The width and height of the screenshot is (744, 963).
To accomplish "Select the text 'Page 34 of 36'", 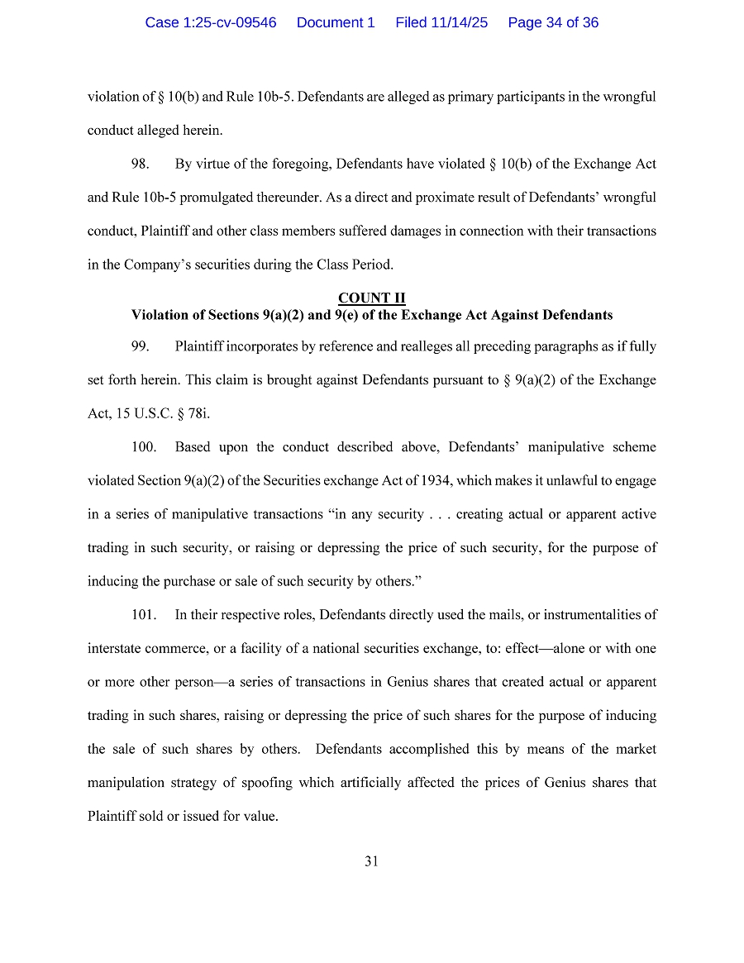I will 553,22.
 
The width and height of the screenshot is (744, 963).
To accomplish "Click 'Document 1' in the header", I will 336,22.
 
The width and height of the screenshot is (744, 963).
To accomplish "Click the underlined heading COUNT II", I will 372,298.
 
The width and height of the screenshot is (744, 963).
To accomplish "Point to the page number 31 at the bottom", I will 372,861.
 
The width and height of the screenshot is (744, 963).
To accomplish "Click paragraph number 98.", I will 141,164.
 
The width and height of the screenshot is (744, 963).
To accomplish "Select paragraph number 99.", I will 141,346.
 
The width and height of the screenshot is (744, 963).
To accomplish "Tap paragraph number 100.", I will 144,447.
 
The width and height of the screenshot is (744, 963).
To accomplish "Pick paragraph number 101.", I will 144,615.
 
